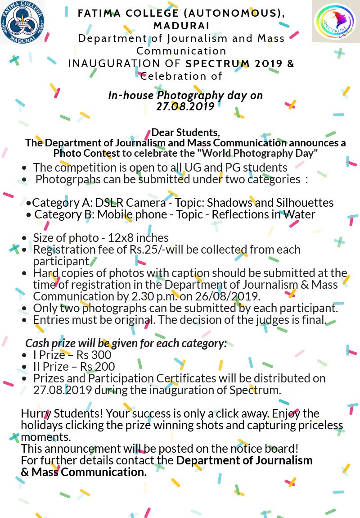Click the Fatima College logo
(x=22, y=22)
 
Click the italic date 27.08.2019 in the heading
(x=185, y=106)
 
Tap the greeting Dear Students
(x=185, y=133)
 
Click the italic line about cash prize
(x=126, y=343)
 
